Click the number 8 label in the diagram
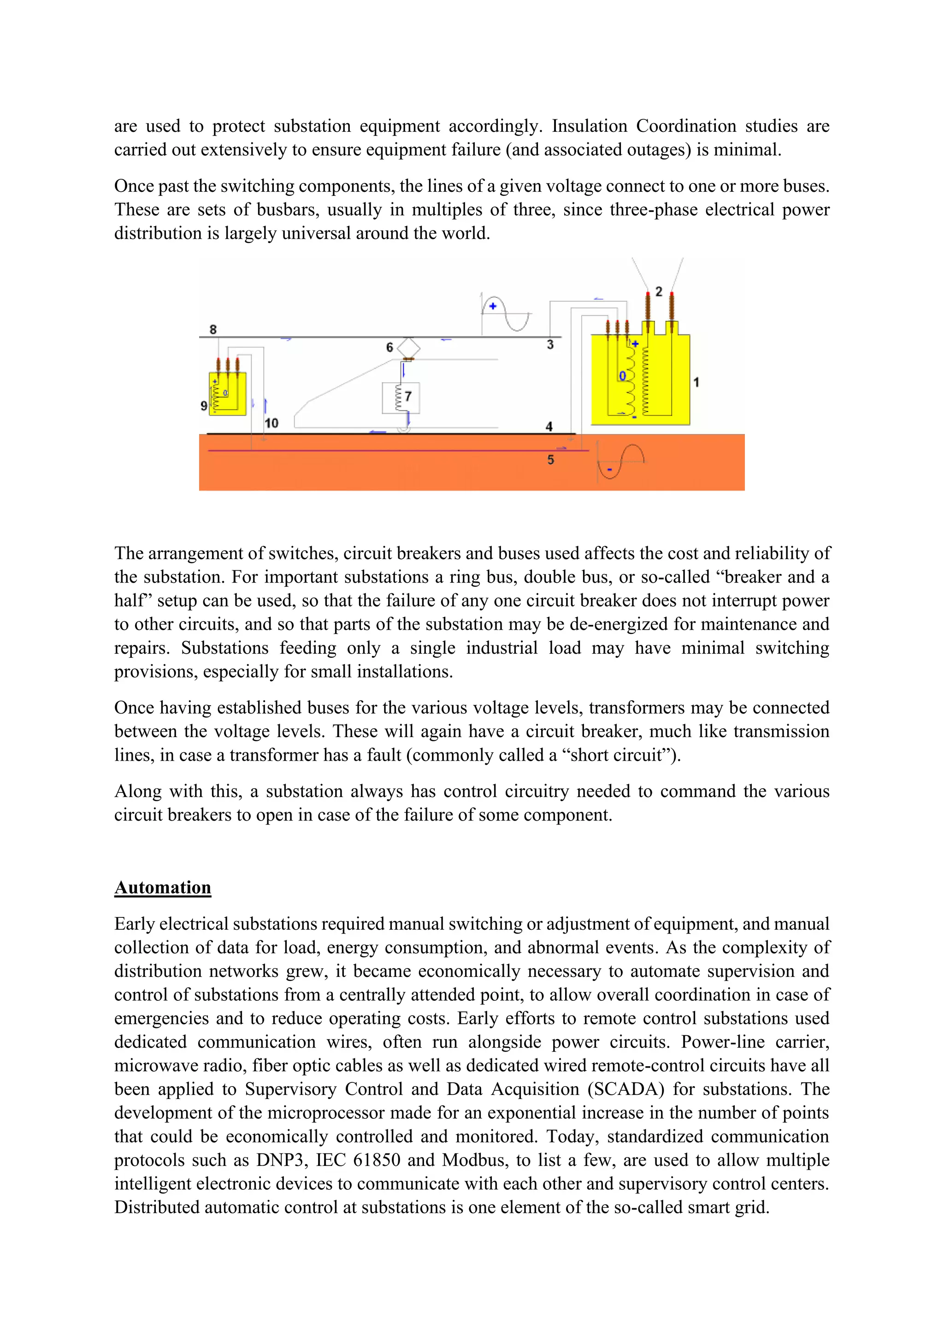[213, 329]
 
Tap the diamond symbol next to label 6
[409, 348]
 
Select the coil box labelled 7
[401, 398]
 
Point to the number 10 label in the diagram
[271, 423]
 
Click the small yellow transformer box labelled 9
[227, 394]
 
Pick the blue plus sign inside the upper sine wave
[493, 306]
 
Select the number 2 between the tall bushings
[659, 291]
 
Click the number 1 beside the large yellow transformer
[696, 382]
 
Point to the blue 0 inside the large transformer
[623, 376]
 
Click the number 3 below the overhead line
[550, 345]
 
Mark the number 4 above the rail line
[549, 426]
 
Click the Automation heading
[163, 887]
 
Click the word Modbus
[474, 1159]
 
